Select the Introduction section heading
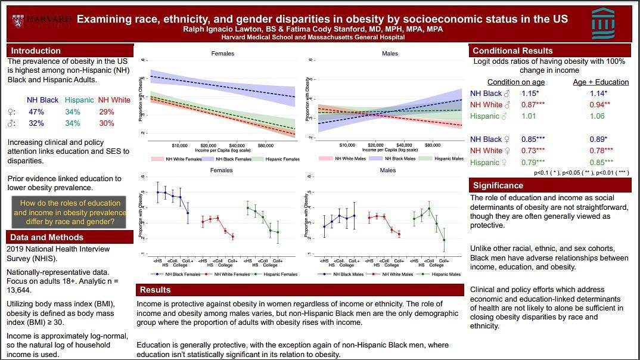[36, 51]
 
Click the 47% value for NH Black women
[36, 112]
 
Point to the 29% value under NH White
[107, 112]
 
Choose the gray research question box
[70, 212]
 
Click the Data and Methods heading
[46, 237]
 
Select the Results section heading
[155, 290]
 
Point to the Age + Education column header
[601, 82]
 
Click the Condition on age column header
[516, 82]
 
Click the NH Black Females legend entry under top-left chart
[231, 159]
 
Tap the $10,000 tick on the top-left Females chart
[180, 145]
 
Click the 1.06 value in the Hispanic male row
[597, 116]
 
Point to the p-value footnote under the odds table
[580, 173]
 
